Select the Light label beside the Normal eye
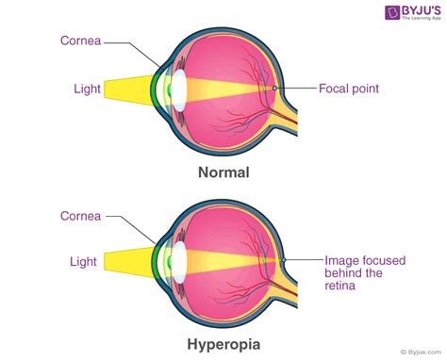pyautogui.click(x=87, y=89)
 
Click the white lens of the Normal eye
pyautogui.click(x=175, y=89)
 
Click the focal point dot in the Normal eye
pyautogui.click(x=273, y=88)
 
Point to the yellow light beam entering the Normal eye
pyautogui.click(x=127, y=89)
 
